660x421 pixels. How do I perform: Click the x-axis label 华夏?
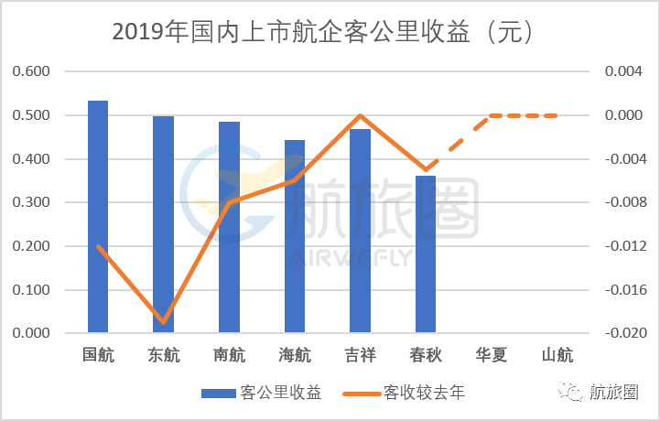tap(491, 355)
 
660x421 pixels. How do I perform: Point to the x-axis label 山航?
tap(557, 355)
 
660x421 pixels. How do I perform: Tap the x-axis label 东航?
tap(163, 355)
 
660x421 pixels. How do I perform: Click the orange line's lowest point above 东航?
tap(163, 322)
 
